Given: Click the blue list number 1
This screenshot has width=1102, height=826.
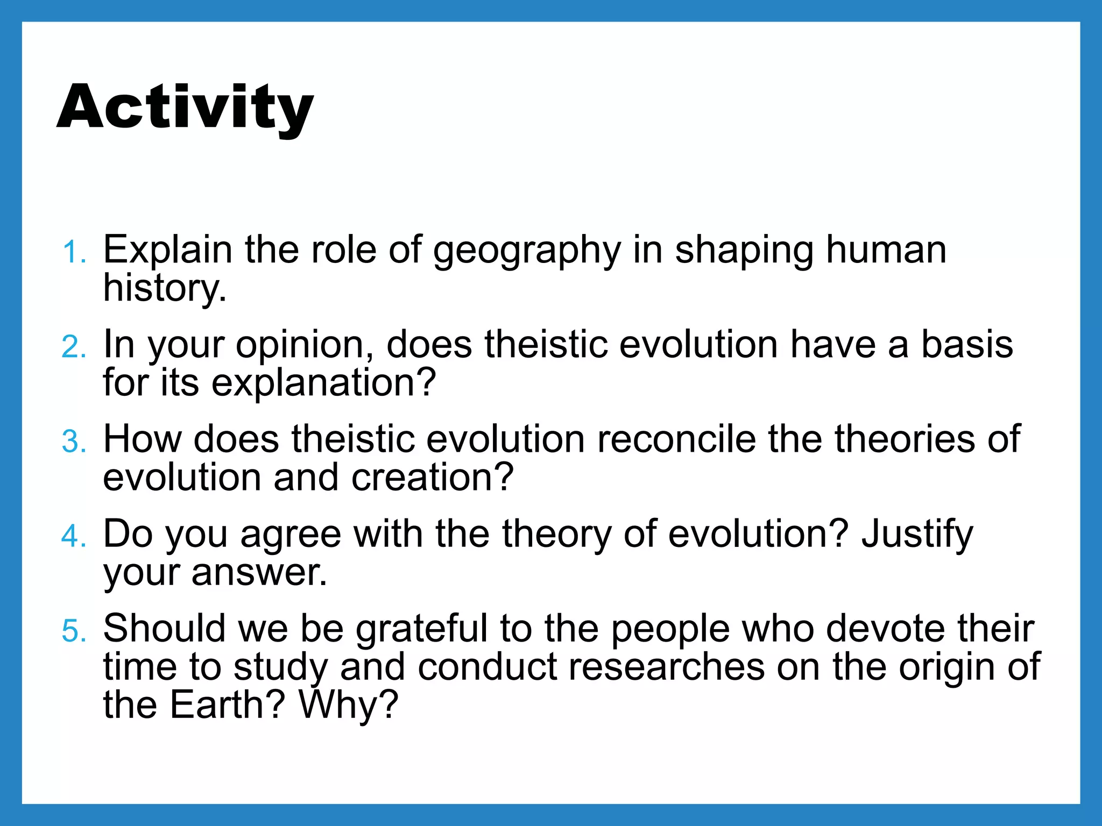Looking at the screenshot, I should pos(74,252).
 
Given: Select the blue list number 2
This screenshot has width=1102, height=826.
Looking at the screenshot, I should pos(74,347).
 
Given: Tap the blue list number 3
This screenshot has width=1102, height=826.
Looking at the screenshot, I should pos(74,442).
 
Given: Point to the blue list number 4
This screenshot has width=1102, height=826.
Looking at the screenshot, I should pos(74,536).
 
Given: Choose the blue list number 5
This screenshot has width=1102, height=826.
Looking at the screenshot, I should pos(74,631).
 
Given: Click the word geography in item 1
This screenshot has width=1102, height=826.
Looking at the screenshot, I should pos(527,251).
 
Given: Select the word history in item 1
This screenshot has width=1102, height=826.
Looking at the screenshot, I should pos(164,288).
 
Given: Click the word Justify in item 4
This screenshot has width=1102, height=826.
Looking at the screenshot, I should pos(917,535).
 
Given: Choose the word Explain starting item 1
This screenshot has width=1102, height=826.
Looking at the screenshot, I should pos(167,251).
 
